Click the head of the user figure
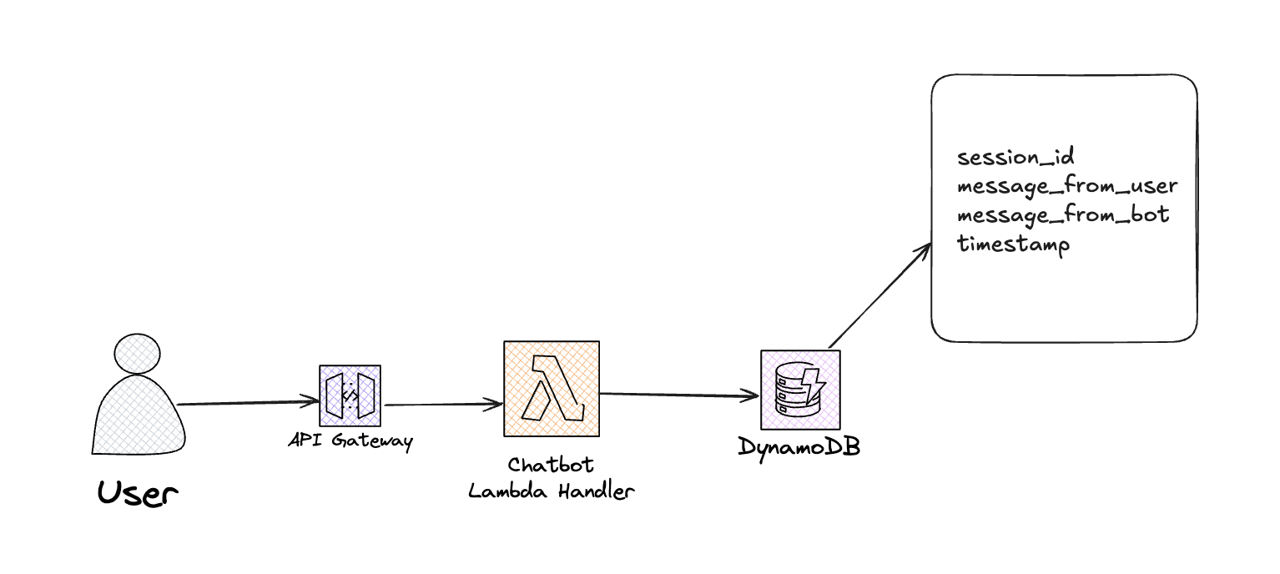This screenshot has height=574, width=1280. (x=137, y=354)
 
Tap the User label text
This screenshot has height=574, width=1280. (x=138, y=493)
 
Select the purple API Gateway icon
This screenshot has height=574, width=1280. (x=350, y=395)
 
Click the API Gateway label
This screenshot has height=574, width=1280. (x=350, y=441)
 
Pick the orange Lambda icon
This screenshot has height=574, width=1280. (x=552, y=389)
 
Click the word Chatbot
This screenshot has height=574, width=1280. (x=551, y=465)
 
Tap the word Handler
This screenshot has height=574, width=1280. (x=597, y=491)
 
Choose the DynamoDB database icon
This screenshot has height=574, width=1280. (x=800, y=390)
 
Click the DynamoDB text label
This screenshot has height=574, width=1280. (x=799, y=447)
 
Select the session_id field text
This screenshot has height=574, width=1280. (x=1015, y=157)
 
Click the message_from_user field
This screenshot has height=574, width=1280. (x=1067, y=186)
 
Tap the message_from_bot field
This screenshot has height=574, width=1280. (x=1063, y=214)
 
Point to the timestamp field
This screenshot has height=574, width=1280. (x=1013, y=244)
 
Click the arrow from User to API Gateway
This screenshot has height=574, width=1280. (x=248, y=403)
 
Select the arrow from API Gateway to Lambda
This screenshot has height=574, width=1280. (x=443, y=405)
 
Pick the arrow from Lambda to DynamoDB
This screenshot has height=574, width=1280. (x=679, y=394)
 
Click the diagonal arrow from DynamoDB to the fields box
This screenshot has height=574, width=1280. (x=880, y=296)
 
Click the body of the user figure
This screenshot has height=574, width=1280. (x=139, y=415)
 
